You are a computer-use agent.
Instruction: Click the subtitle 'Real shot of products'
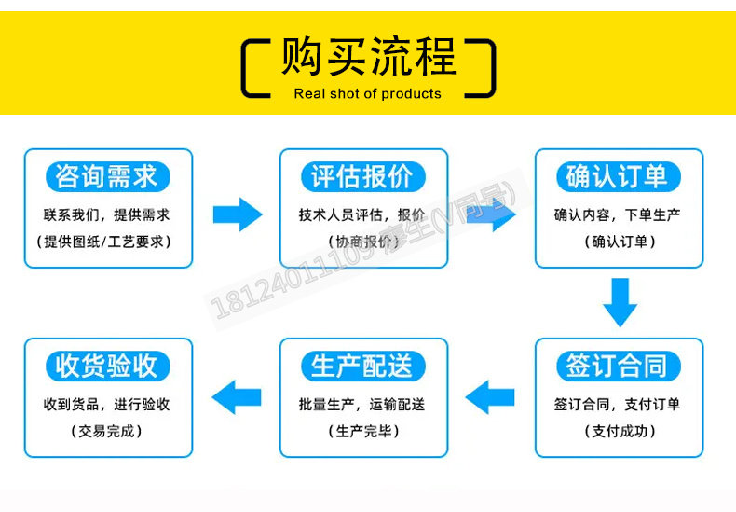click(x=367, y=93)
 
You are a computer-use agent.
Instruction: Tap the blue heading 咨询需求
click(x=107, y=176)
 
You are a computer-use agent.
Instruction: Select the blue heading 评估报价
click(x=363, y=176)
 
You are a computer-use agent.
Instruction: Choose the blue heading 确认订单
click(x=617, y=176)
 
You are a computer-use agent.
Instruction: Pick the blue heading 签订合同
click(x=617, y=366)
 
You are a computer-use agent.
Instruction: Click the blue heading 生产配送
click(x=363, y=366)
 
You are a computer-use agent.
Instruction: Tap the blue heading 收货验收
click(x=107, y=366)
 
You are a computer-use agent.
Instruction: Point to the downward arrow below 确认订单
click(x=619, y=301)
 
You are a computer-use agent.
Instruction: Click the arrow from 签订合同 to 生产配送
click(x=490, y=398)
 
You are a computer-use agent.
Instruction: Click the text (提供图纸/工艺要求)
click(x=107, y=242)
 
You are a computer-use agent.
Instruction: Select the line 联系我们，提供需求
click(x=107, y=214)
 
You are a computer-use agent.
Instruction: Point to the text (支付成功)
click(x=617, y=431)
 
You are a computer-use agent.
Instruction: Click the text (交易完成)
click(x=107, y=431)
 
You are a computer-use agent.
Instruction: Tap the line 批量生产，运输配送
click(x=363, y=405)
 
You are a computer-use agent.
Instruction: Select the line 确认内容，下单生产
click(x=617, y=214)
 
